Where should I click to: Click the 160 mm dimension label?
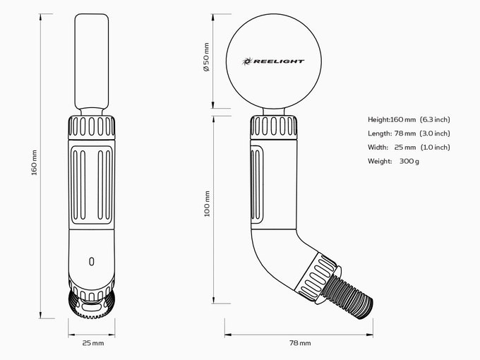click(x=35, y=162)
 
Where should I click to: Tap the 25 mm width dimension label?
click(x=93, y=343)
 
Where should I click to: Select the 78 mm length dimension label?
click(x=300, y=343)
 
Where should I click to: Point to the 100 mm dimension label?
click(x=207, y=203)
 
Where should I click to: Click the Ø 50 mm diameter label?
click(x=207, y=57)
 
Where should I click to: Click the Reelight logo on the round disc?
click(x=273, y=61)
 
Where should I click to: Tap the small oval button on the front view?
click(x=92, y=261)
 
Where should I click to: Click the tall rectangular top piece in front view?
click(x=92, y=61)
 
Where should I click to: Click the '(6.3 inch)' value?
click(x=435, y=120)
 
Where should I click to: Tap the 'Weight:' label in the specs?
click(x=380, y=162)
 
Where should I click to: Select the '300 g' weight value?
click(x=409, y=162)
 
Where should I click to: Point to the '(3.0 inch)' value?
click(x=435, y=133)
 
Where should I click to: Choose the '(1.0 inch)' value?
click(x=435, y=148)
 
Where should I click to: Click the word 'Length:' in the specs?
click(x=380, y=133)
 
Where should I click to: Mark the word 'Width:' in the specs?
click(x=378, y=148)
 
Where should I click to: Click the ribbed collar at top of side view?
click(x=274, y=127)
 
